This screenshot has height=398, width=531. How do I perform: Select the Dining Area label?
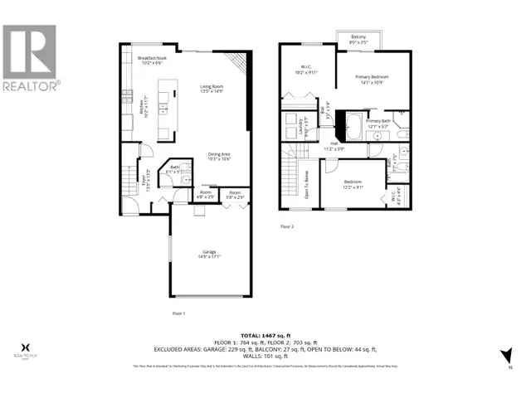coord(220,155)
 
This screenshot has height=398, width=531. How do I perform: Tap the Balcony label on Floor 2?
coord(358,36)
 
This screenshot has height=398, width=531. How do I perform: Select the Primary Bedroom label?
coord(372,78)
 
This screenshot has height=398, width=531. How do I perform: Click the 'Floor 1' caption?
coord(178,313)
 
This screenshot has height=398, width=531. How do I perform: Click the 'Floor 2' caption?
coord(287,225)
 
